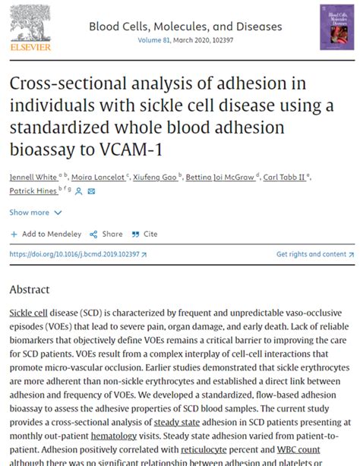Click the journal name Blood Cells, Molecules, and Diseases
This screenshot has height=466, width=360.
point(185,27)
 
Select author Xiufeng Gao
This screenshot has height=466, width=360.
point(155,175)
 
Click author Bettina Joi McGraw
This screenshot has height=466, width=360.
point(220,175)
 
